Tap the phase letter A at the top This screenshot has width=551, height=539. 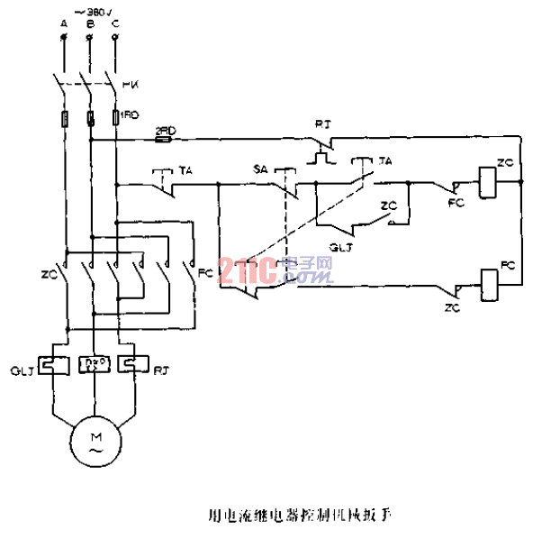(x=63, y=24)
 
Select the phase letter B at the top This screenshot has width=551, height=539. (x=89, y=24)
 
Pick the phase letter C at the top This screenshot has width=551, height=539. (x=114, y=24)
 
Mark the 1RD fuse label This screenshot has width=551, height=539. (x=131, y=116)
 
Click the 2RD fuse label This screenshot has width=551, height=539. (x=164, y=131)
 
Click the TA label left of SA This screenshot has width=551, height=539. (x=185, y=169)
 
